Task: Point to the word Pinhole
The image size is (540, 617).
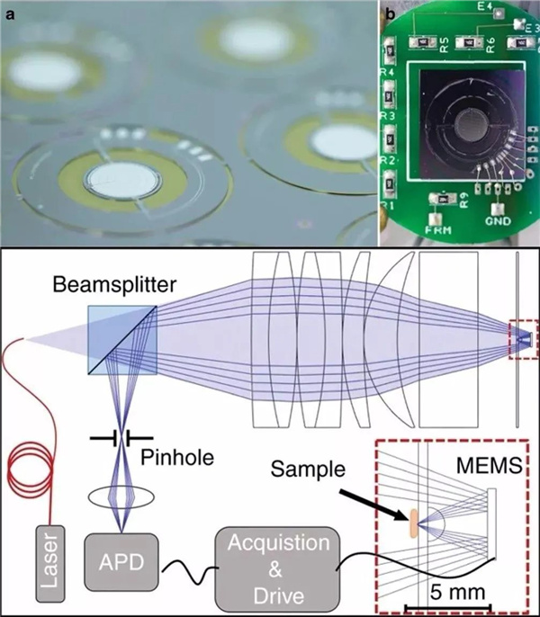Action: tap(178, 457)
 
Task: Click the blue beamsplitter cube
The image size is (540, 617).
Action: tap(122, 338)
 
